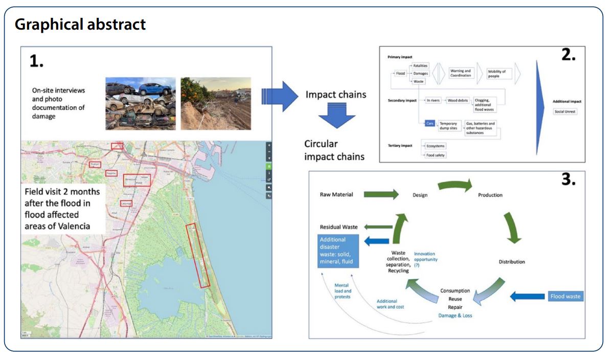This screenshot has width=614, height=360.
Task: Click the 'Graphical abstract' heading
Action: tap(80, 24)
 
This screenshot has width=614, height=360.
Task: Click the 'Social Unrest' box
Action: tap(565, 111)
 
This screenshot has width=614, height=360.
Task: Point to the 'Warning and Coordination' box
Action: tap(460, 74)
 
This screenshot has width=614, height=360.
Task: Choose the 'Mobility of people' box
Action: tap(497, 74)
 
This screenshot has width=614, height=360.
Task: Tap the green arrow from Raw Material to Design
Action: tap(381, 194)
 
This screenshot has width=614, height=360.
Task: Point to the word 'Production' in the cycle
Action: tap(490, 195)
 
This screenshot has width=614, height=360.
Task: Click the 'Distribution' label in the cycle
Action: tap(512, 262)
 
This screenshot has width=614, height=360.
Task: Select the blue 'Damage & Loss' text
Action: tap(455, 316)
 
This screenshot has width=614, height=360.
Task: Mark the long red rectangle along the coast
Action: tap(198, 255)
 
